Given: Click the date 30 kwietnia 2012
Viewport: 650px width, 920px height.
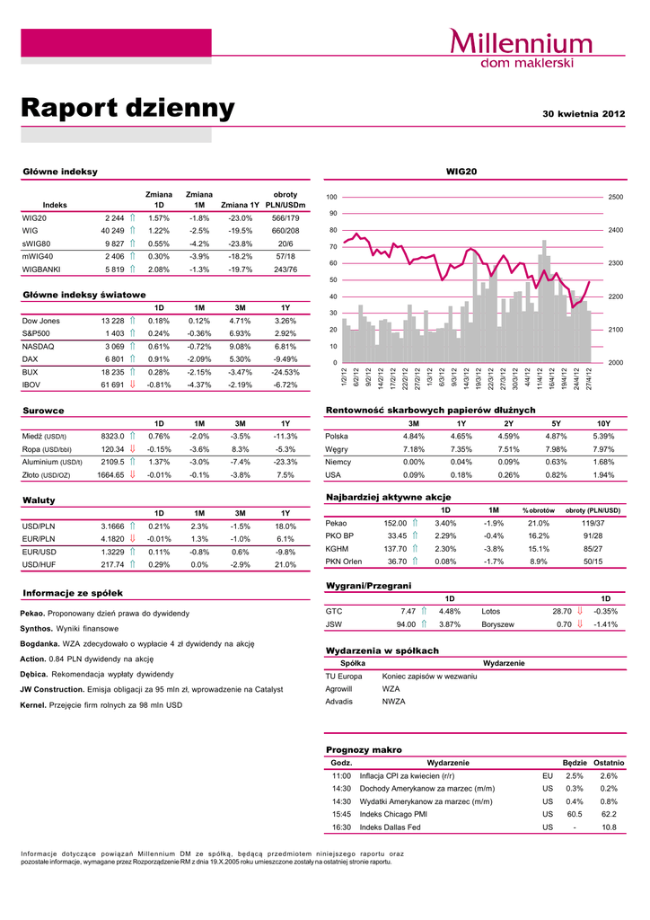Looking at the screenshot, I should tap(584, 115).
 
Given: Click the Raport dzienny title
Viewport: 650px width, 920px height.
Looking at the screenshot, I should tap(127, 109).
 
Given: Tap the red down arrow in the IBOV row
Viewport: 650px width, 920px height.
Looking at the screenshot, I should tap(131, 385).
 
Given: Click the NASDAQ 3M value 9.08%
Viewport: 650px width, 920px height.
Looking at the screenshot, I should tap(240, 346).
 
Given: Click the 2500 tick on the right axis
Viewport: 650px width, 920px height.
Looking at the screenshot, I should tap(616, 197).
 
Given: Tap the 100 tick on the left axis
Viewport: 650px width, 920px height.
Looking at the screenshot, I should tap(331, 197).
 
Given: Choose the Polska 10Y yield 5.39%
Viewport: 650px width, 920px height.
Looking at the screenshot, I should tap(603, 436).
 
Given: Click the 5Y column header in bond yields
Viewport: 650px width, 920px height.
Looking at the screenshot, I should tap(556, 423).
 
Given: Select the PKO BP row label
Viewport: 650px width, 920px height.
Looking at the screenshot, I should tap(339, 535).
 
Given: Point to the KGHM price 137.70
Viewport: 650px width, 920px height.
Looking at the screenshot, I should tap(396, 548).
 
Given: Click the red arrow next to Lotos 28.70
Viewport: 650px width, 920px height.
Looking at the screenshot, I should tap(580, 611).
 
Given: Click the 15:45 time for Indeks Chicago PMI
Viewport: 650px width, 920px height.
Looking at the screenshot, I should tap(341, 814).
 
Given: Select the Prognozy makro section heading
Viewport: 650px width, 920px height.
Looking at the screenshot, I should tap(364, 749).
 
